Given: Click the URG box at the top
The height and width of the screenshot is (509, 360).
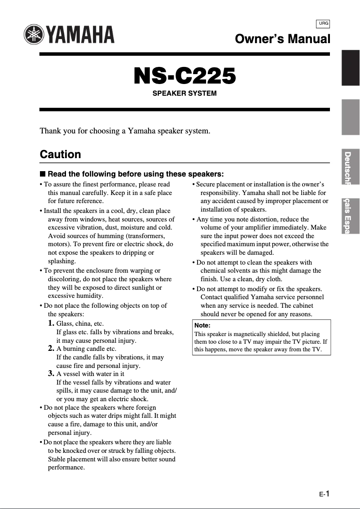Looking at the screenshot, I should (x=323, y=23).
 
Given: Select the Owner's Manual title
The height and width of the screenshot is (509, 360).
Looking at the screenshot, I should (x=282, y=39).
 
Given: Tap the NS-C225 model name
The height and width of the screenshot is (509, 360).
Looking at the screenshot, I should (x=184, y=76).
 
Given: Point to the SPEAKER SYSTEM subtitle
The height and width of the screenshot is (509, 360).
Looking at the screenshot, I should (x=184, y=93).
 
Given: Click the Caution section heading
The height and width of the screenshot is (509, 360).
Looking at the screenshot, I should (x=61, y=155).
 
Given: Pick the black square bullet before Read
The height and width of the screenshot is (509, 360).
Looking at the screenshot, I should (x=43, y=174).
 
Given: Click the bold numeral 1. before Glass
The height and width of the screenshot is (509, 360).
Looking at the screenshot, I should (x=52, y=323).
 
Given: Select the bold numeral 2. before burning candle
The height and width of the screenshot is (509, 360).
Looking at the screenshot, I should (x=52, y=349).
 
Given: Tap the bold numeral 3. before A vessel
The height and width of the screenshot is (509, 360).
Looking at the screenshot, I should (x=52, y=374).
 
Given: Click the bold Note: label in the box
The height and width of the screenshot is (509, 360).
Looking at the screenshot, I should (x=202, y=325).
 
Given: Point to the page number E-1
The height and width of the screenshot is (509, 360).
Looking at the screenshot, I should (x=325, y=494).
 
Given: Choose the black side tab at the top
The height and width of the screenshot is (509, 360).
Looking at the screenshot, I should (x=351, y=67).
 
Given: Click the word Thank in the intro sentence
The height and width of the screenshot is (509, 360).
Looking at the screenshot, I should (x=50, y=131).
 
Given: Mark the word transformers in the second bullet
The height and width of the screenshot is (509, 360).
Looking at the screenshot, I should (x=146, y=236).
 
